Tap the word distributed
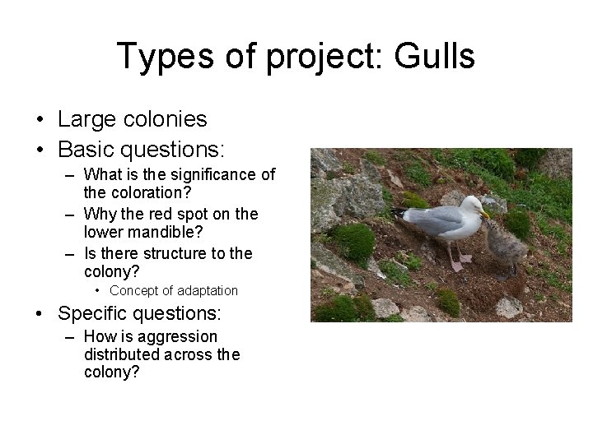123,354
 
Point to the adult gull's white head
469,206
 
